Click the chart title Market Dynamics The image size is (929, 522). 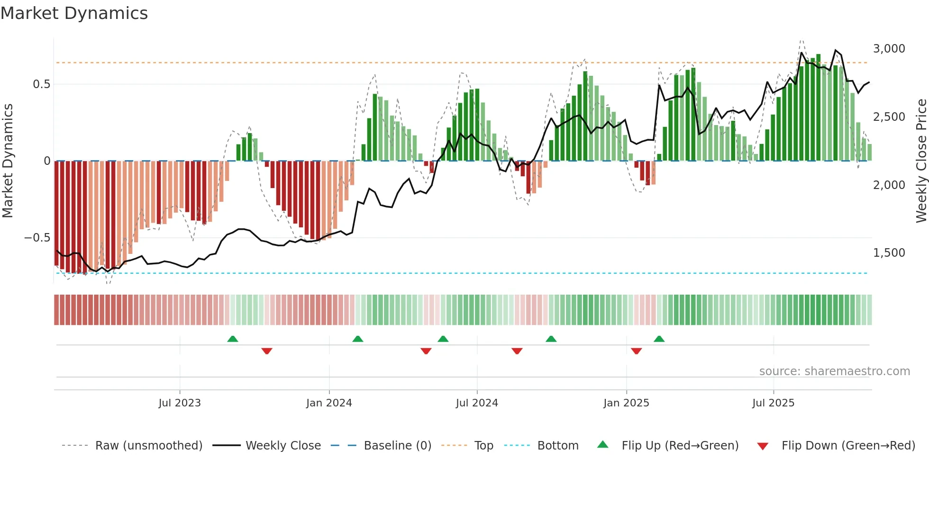pyautogui.click(x=74, y=13)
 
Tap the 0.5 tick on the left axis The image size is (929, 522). pyautogui.click(x=41, y=84)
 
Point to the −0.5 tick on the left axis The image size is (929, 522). pyautogui.click(x=37, y=238)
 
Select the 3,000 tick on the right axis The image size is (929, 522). pyautogui.click(x=889, y=49)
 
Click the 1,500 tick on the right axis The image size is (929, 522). pyautogui.click(x=889, y=253)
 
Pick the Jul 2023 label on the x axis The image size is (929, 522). pyautogui.click(x=180, y=403)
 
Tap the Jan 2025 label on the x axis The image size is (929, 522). pyautogui.click(x=626, y=403)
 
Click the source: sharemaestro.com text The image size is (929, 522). pyautogui.click(x=834, y=371)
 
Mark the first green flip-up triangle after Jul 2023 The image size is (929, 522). pyautogui.click(x=232, y=339)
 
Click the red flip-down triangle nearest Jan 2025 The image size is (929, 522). pyautogui.click(x=636, y=351)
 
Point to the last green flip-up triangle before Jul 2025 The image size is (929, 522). pyautogui.click(x=659, y=339)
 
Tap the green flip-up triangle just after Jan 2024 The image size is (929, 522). pyautogui.click(x=358, y=339)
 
